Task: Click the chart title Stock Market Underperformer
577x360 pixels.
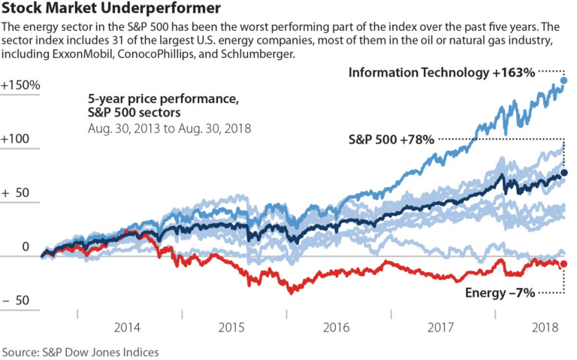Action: pyautogui.click(x=111, y=9)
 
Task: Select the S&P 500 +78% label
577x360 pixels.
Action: pyautogui.click(x=391, y=139)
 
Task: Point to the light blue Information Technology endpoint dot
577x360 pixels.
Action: pyautogui.click(x=564, y=80)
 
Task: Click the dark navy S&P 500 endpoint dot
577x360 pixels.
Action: pyautogui.click(x=564, y=173)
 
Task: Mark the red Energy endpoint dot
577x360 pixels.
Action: pyautogui.click(x=564, y=264)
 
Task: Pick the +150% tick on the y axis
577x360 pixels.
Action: pyautogui.click(x=20, y=85)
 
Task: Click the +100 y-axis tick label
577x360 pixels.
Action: pyautogui.click(x=17, y=139)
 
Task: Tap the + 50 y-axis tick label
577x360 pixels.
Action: pyautogui.click(x=17, y=192)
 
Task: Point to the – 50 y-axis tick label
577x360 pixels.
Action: pyautogui.click(x=17, y=300)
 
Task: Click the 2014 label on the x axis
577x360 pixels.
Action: pyautogui.click(x=127, y=328)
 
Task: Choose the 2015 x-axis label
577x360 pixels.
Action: pyautogui.click(x=232, y=328)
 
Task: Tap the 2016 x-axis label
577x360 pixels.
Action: pyautogui.click(x=337, y=328)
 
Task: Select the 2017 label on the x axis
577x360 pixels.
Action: pyautogui.click(x=441, y=328)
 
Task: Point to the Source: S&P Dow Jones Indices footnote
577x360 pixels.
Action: pyautogui.click(x=80, y=351)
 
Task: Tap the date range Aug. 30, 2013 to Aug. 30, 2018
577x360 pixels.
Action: pyautogui.click(x=169, y=129)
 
